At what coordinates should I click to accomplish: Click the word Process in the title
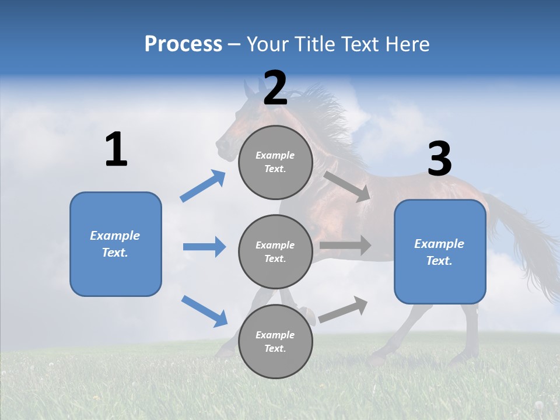tap(183, 44)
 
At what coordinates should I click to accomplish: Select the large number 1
tap(116, 150)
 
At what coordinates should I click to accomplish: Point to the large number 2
tap(275, 88)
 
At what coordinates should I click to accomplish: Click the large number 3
tap(439, 160)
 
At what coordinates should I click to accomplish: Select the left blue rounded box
tap(116, 244)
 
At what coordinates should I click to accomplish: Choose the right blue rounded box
tap(440, 252)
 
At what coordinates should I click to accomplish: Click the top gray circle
tap(275, 162)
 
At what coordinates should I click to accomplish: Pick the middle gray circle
tap(275, 251)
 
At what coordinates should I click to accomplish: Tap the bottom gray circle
tap(275, 341)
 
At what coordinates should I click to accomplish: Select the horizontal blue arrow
tap(204, 247)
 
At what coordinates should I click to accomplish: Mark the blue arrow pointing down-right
tap(204, 311)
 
